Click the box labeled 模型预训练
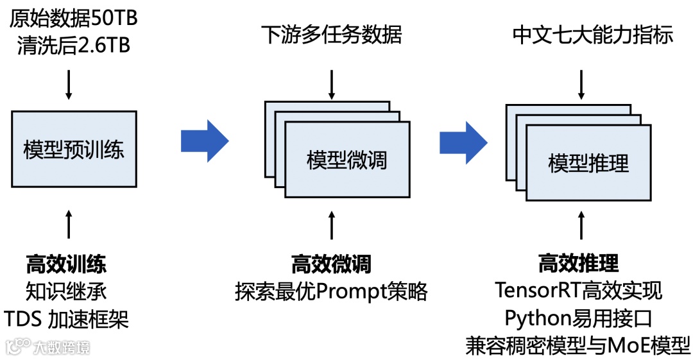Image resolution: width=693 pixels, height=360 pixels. (x=74, y=150)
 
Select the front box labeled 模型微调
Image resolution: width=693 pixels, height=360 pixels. (x=347, y=160)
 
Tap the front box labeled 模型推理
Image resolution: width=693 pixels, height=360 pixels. (x=588, y=163)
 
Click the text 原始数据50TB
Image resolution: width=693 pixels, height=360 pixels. (x=74, y=17)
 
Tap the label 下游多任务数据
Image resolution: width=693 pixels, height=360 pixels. (x=331, y=35)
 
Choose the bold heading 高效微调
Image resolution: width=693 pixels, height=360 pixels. (x=331, y=264)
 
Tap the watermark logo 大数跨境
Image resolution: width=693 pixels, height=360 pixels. (x=47, y=347)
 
